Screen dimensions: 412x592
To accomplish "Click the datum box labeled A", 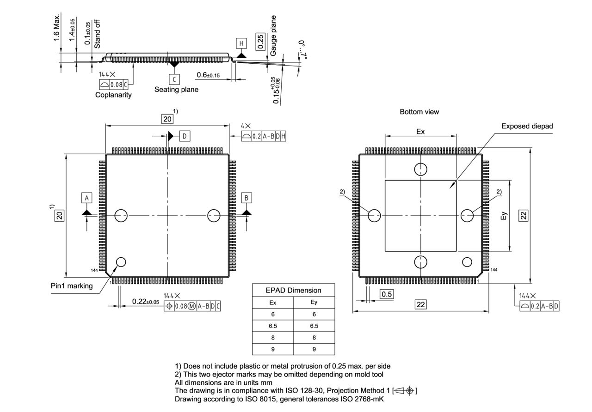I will [86, 198].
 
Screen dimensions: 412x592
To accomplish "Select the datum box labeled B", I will [247, 198].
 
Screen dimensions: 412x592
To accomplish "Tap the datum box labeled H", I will [241, 43].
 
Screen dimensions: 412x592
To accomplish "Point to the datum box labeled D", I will [185, 136].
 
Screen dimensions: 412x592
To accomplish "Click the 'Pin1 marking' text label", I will [72, 285].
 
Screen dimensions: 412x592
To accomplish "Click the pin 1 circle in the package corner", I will [121, 262].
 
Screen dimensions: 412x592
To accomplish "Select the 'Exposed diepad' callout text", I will [527, 126].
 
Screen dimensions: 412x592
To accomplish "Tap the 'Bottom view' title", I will [419, 112].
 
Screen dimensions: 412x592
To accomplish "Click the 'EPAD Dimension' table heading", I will [293, 290].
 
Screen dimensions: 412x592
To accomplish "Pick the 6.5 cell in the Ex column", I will [273, 326].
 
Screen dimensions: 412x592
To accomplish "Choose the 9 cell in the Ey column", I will [314, 349].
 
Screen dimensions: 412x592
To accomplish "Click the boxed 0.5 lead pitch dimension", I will [387, 294].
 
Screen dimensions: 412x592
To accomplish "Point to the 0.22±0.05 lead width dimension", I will [145, 302].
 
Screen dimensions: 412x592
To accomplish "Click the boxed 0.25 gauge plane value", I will [260, 42].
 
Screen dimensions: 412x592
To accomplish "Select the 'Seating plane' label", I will [176, 89].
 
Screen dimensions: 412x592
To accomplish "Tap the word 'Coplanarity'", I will [113, 95].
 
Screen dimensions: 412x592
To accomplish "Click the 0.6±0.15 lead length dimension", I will [208, 75].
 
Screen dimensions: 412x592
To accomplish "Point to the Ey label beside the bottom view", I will [504, 216].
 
